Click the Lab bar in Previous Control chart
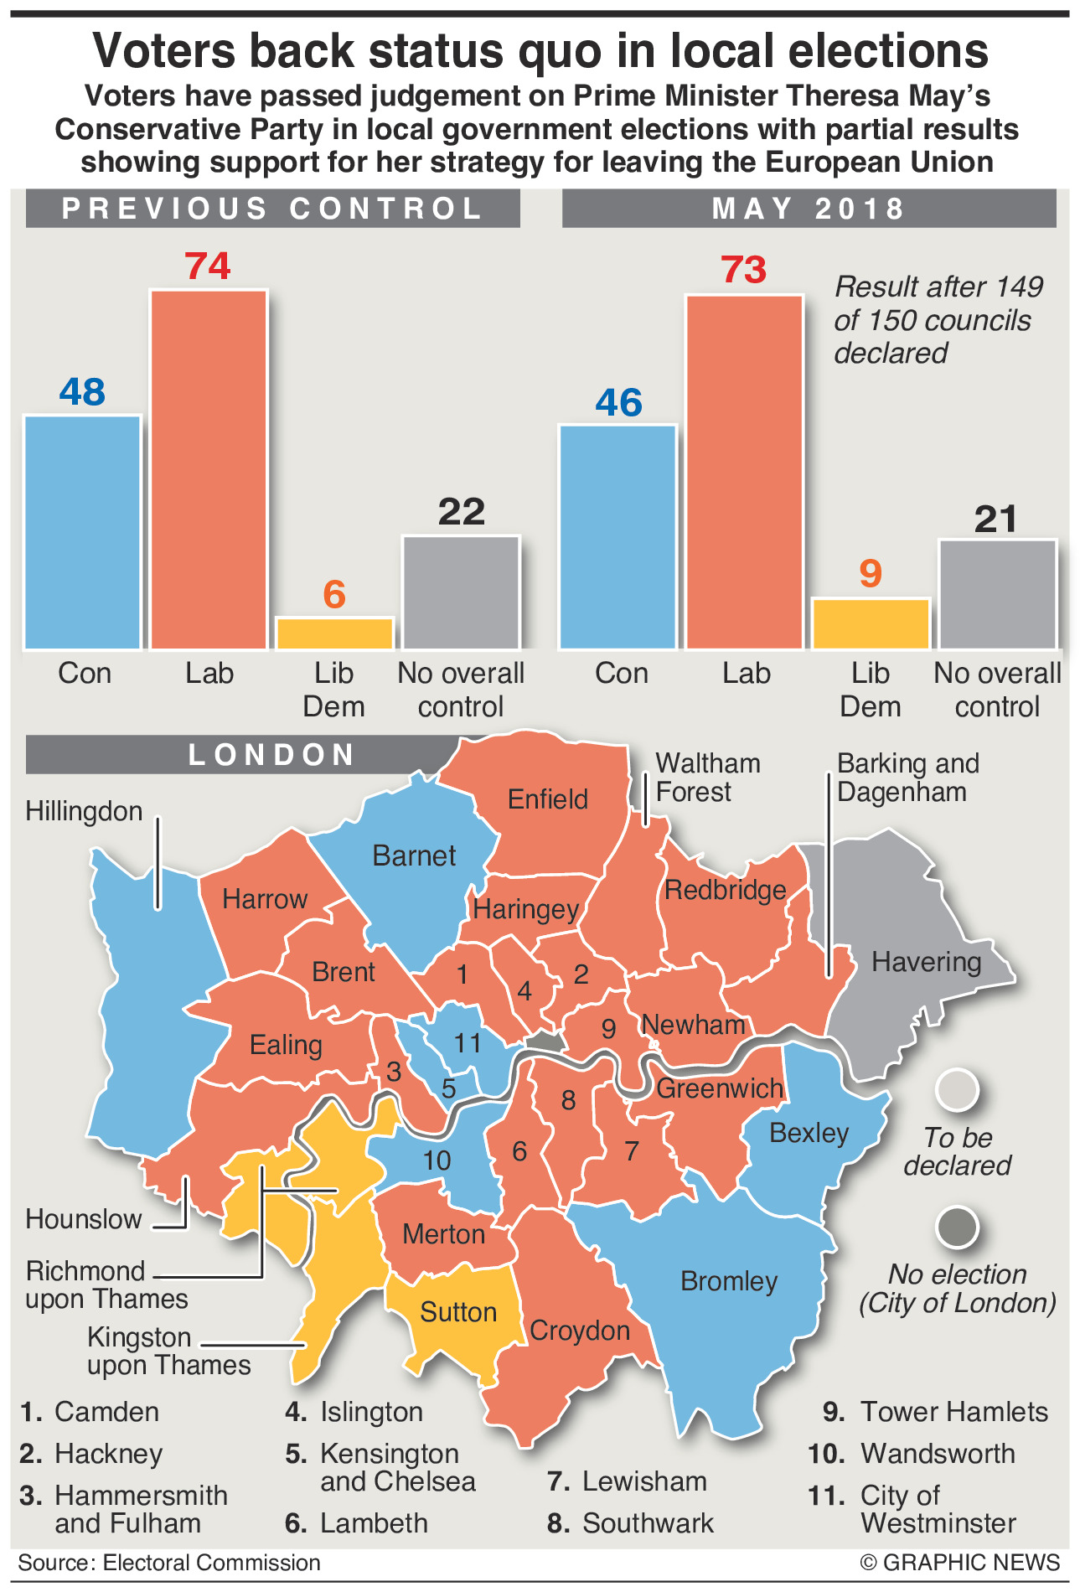coord(209,469)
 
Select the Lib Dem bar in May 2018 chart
coord(871,623)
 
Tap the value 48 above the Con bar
coord(82,391)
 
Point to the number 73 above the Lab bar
coord(744,270)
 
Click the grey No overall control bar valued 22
coord(461,592)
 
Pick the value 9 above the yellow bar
coord(871,574)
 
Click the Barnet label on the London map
coord(414,855)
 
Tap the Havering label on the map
coord(926,961)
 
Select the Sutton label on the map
coord(458,1311)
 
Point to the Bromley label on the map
coord(729,1280)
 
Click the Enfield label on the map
coord(548,799)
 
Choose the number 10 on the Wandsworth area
coord(437,1160)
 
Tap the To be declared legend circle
coord(957,1090)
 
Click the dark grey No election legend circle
coord(957,1228)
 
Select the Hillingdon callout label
coord(84,811)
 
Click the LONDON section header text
coord(272,755)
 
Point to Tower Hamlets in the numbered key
coord(953,1412)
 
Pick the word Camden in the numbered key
coord(106,1412)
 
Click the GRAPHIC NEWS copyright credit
coord(959,1563)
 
